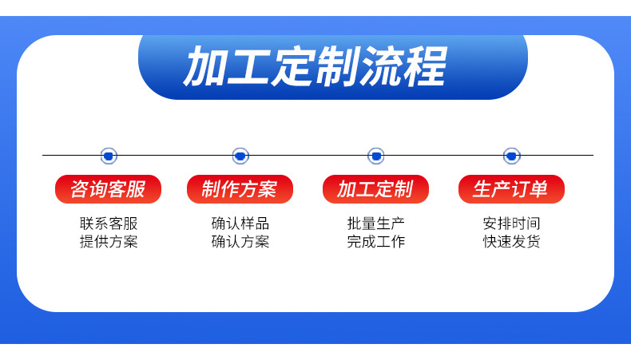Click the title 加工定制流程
point(315,66)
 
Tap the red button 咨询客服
point(108,189)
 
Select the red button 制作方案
point(240,189)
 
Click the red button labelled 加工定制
point(375,189)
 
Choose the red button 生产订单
point(511,189)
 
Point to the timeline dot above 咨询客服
point(109,156)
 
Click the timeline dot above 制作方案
point(240,156)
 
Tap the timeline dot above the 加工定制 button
point(375,156)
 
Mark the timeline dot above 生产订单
point(511,156)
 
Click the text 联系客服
point(109,224)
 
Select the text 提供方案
point(109,241)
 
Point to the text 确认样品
point(240,224)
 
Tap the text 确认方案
point(240,241)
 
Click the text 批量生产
point(375,224)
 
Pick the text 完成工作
point(375,241)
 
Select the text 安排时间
point(511,224)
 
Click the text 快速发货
point(511,241)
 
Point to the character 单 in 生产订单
point(539,189)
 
